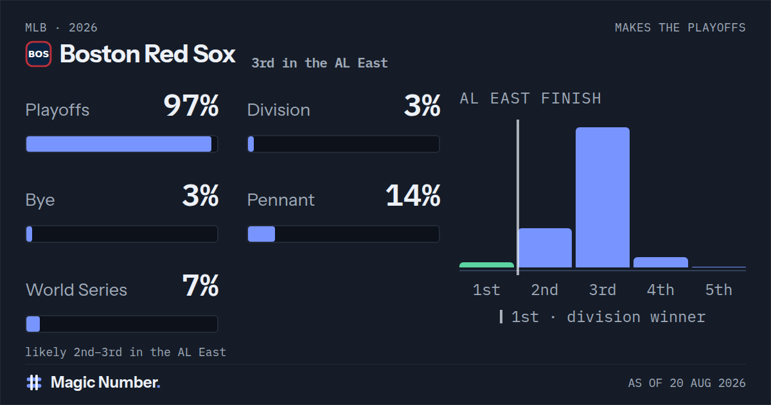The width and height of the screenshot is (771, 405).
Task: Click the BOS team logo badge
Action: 39,54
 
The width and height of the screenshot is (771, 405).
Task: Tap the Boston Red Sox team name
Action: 148,54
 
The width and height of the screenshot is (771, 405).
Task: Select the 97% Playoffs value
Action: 191,105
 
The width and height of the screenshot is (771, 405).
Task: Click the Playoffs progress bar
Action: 122,144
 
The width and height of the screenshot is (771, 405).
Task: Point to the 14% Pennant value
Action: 413,195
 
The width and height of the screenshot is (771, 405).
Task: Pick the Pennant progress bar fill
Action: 261,234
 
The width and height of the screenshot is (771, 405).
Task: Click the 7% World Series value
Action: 200,285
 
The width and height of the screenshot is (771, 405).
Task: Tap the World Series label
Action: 76,290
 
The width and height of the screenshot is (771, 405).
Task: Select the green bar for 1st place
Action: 487,265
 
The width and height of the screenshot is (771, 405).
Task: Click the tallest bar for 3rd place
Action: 603,197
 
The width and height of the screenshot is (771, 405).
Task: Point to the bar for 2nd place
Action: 545,248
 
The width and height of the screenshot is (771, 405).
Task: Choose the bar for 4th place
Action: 661,262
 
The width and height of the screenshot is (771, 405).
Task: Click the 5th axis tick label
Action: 719,290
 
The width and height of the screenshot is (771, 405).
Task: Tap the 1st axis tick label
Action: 486,290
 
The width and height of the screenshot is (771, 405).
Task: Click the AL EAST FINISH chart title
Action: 531,98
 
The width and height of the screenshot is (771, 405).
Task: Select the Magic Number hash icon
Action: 34,382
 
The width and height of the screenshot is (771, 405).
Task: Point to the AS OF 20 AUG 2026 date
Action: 687,383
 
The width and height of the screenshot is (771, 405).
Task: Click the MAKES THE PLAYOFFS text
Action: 680,28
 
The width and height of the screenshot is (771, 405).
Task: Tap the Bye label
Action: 40,200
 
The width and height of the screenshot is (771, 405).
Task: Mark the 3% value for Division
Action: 422,105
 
